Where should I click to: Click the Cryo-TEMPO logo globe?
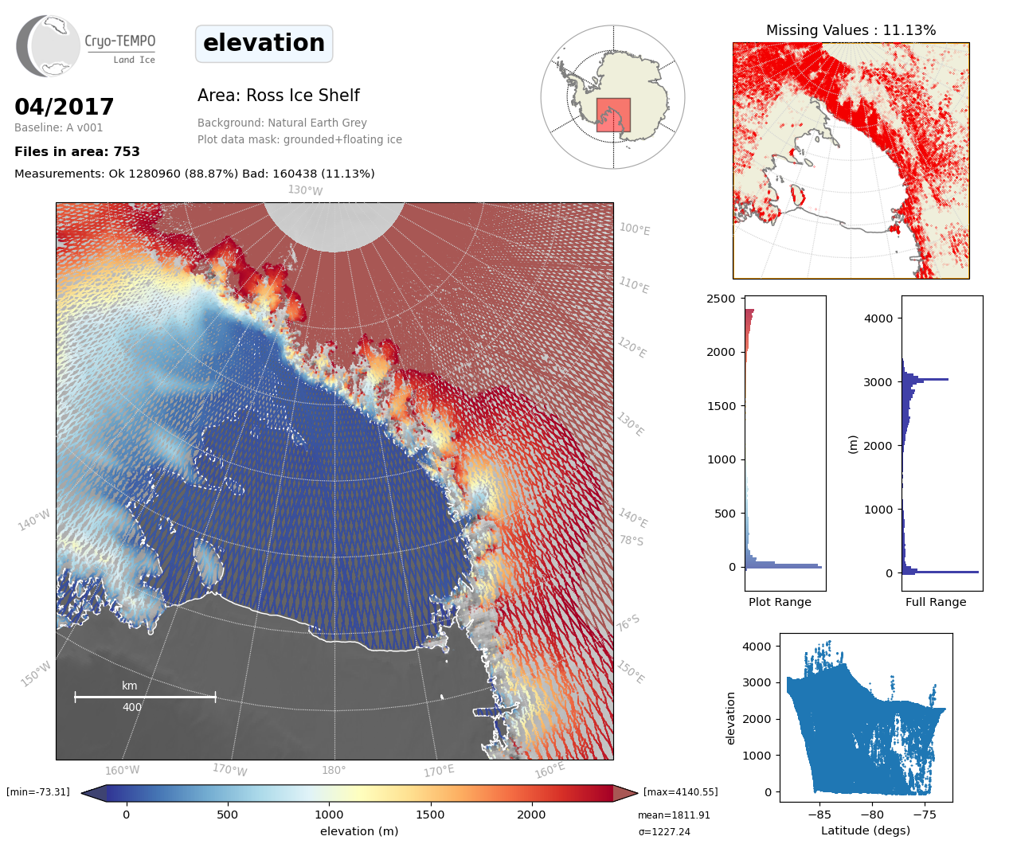(x=49, y=46)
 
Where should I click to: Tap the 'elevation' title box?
(x=264, y=43)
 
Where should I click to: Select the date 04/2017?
(x=65, y=107)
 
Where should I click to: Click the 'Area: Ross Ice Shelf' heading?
(x=278, y=96)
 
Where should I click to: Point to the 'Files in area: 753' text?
(x=77, y=151)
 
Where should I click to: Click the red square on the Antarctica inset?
(x=613, y=115)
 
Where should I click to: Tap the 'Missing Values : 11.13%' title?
(x=851, y=30)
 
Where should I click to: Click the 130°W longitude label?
(x=305, y=190)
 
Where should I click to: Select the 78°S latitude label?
(x=632, y=541)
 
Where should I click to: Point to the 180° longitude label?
(x=334, y=770)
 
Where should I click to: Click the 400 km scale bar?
(x=145, y=697)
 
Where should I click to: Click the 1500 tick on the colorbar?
(x=430, y=815)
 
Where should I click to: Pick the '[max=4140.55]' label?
(x=680, y=792)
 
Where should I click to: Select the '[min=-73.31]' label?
(x=38, y=792)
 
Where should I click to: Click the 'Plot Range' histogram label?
(x=780, y=602)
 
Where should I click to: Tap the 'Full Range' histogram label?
(x=936, y=602)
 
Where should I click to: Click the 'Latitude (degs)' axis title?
(x=866, y=830)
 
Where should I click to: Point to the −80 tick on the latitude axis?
(x=872, y=815)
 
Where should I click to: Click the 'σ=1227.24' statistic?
(x=664, y=831)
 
